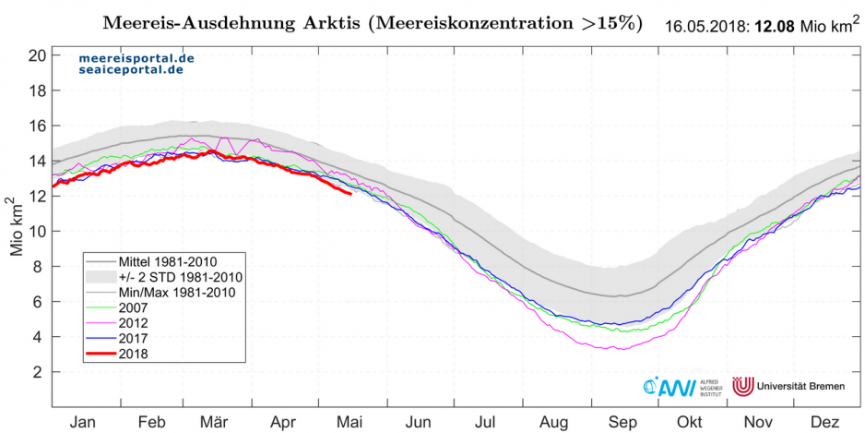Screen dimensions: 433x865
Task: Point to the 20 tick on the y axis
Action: click(x=38, y=55)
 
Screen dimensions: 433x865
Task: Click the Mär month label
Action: click(x=217, y=421)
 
